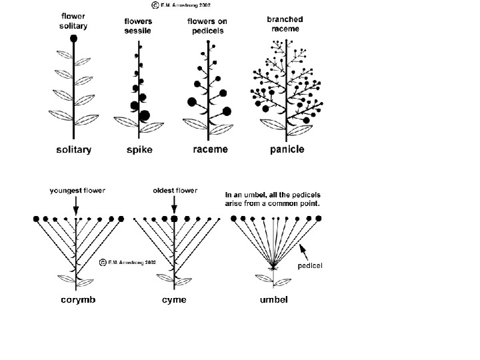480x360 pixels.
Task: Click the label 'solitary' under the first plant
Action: point(73,150)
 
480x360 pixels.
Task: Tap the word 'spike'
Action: point(139,151)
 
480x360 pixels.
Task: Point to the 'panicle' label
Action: point(287,150)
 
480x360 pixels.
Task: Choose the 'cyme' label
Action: point(174,300)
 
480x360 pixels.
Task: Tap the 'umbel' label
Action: point(274,300)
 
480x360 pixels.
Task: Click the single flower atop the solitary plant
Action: point(73,39)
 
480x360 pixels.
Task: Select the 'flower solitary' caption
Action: point(73,21)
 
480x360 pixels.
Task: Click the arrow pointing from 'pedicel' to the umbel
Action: point(304,251)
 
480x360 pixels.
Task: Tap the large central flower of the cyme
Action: point(174,219)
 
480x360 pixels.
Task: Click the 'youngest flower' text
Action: point(77,191)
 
